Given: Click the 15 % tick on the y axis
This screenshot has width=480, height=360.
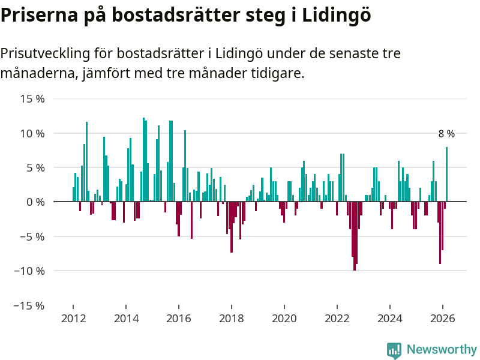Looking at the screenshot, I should pos(32,98).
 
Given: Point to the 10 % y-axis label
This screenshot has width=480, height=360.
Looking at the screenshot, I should pos(32,133).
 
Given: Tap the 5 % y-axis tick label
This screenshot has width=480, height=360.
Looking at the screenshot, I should pos(35,167).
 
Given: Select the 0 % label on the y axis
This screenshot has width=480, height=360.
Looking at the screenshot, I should pos(35,202).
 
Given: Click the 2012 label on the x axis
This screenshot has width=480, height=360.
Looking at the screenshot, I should pos(73,319).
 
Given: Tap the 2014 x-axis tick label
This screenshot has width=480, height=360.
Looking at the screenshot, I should pos(126,319).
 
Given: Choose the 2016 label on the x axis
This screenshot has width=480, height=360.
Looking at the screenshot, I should pos(179,319).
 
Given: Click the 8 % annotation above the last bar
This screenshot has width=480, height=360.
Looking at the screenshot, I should pos(446,134).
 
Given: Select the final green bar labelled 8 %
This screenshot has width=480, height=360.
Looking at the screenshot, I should pos(446,174).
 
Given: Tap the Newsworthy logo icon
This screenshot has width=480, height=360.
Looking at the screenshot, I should pos(394,350).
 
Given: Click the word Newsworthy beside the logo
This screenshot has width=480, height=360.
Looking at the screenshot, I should pos(442,350).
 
